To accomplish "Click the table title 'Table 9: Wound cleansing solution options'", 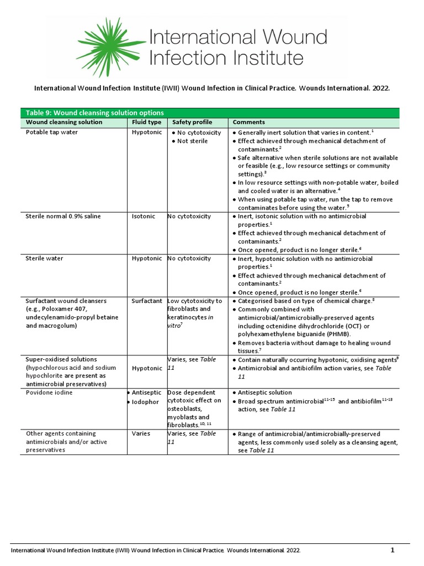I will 95,113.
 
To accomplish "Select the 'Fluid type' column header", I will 146,122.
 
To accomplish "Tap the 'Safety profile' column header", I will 192,122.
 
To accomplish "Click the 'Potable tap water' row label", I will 52,133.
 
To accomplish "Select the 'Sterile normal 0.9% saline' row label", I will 63,216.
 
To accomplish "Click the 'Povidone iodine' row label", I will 49,392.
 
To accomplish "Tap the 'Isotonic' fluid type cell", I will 144,216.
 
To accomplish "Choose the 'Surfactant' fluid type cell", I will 146,301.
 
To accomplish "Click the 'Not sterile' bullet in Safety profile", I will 193,141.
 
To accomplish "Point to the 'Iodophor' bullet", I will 146,402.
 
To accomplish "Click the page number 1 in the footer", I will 393,551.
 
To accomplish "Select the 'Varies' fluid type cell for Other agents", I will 141,434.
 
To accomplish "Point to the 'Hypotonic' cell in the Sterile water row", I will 146,259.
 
